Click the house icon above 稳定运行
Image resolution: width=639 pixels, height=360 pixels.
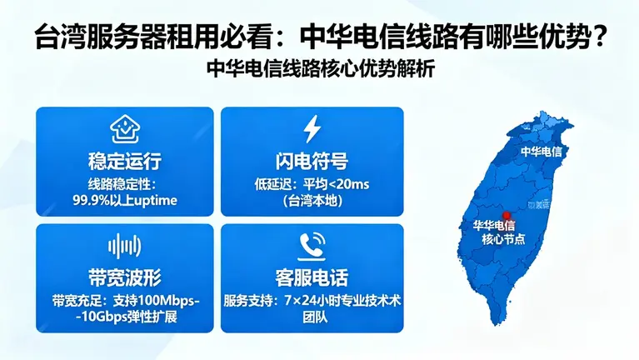(124, 130)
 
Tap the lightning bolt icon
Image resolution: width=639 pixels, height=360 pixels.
(312, 129)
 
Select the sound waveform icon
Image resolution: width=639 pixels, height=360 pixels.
(124, 245)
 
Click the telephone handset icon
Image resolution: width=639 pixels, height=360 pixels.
(312, 244)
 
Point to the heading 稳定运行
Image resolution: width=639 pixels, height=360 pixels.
(124, 161)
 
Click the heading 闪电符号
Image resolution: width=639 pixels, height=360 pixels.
(312, 161)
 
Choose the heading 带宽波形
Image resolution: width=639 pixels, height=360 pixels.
(124, 277)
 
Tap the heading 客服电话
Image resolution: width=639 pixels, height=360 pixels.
(312, 277)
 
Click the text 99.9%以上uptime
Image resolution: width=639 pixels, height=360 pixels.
(125, 200)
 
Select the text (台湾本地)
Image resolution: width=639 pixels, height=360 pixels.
(312, 201)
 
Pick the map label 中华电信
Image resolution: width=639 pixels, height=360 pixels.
(542, 152)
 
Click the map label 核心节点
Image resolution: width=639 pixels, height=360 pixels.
(505, 239)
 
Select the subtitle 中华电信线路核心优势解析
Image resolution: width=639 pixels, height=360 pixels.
(319, 70)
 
